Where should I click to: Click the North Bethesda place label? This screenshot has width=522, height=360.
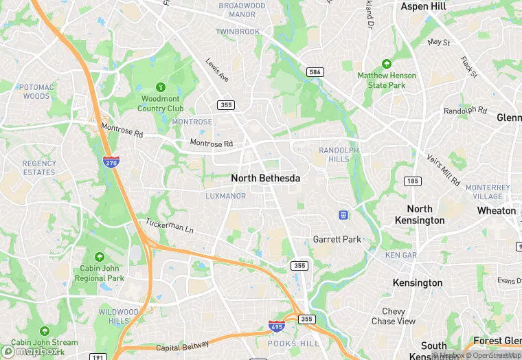pos(265,178)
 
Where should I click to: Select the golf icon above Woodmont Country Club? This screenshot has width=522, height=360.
pos(161,87)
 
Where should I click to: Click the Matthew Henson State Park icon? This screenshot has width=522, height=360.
pos(386,64)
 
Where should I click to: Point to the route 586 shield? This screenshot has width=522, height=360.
pos(315,72)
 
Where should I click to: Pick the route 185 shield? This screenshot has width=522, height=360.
pos(412,181)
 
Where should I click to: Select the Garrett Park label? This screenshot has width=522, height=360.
pos(337,240)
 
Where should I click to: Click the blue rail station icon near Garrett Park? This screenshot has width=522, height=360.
pos(343,215)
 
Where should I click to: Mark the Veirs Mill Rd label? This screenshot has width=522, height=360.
pos(443,170)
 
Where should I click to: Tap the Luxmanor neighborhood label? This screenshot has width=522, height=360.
pos(225,196)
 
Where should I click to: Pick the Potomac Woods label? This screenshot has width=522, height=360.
pos(34,91)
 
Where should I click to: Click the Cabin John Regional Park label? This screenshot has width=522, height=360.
pos(100,273)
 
